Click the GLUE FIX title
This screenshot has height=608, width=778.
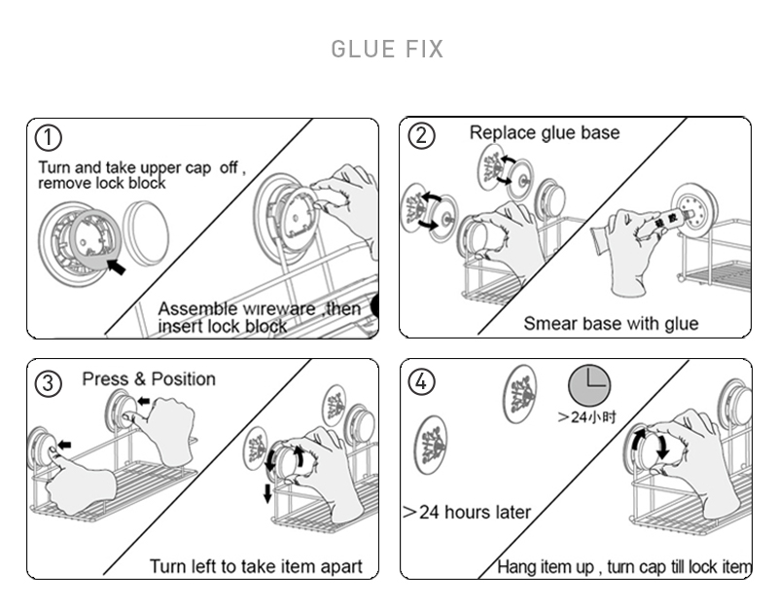pos(387,49)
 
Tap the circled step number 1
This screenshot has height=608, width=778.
pos(49,136)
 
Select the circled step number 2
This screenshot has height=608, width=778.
pos(421,135)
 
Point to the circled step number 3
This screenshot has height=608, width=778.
pos(49,382)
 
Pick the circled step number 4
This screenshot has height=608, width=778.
pos(421,382)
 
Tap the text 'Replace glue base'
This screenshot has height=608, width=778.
pos(544,132)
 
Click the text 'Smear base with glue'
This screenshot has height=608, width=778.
pos(611,323)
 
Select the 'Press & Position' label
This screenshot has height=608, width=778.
pos(149,378)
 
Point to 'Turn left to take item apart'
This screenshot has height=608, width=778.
pos(256,566)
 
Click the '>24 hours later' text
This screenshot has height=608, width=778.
pos(467,512)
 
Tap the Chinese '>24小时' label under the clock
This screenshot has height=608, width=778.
pos(587,417)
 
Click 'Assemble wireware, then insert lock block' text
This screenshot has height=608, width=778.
pos(261,317)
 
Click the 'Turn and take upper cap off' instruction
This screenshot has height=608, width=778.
pos(141,175)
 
